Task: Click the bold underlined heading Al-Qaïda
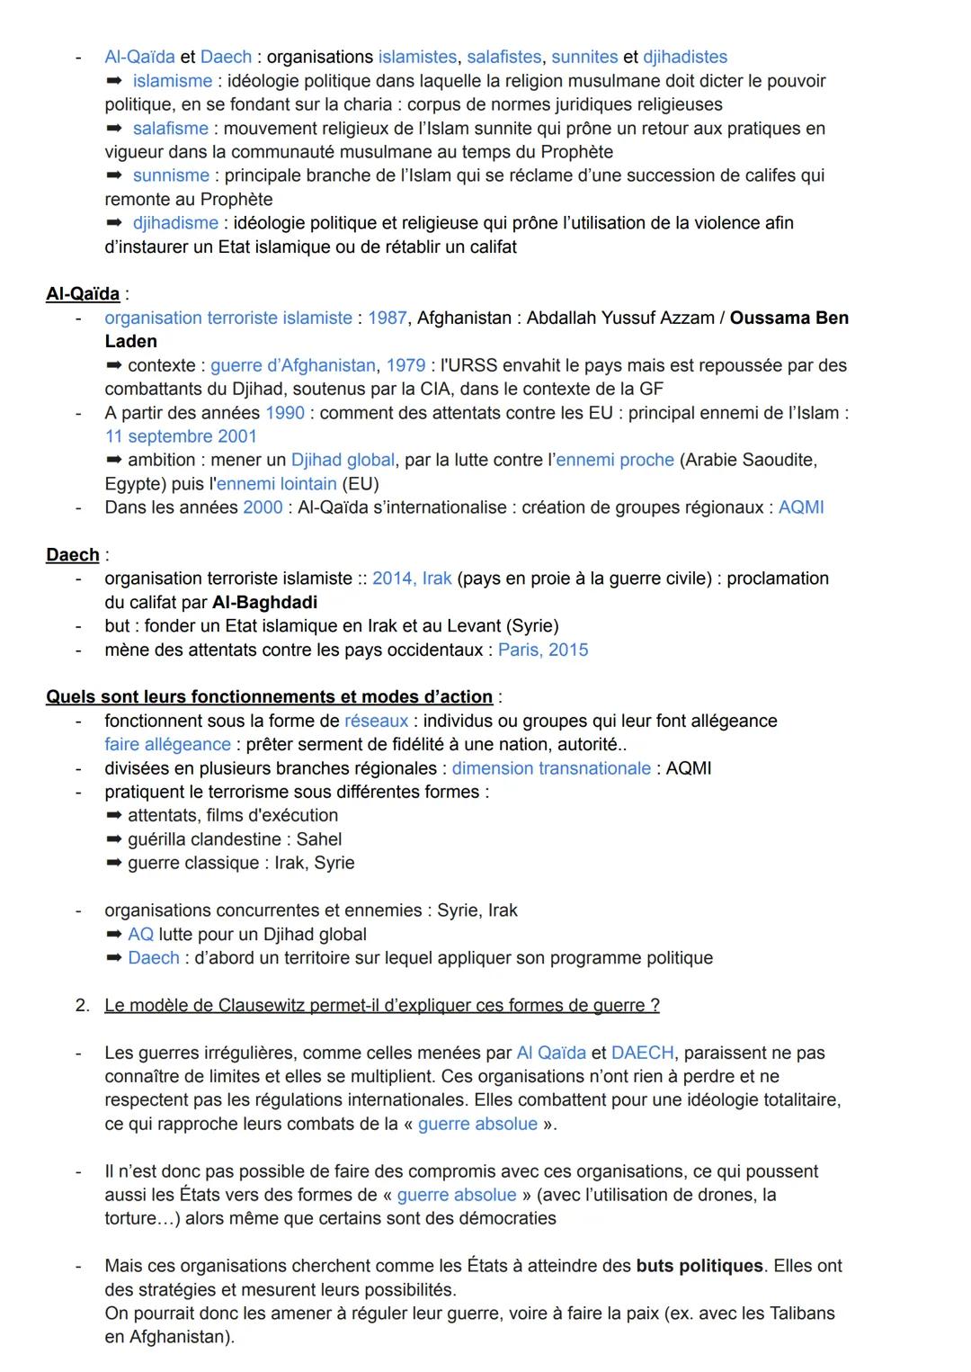83,294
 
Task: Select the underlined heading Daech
72,555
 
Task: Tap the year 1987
387,318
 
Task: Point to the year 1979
405,365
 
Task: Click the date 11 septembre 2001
181,436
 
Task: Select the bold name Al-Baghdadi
264,602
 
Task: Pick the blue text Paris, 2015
543,650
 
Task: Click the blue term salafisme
170,129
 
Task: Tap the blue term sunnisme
171,175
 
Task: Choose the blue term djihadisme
175,222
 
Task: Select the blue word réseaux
376,721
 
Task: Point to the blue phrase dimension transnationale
551,768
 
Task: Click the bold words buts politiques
699,1266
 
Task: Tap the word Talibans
802,1314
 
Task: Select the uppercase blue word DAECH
642,1053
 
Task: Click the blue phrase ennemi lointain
276,484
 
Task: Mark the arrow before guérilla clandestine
113,839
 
